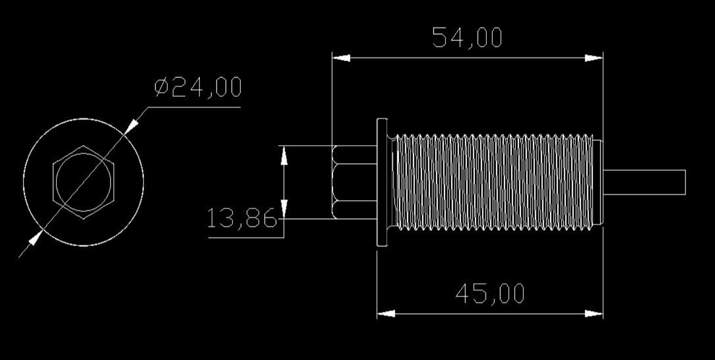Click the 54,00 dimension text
[x=467, y=38]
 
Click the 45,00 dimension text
[x=490, y=294]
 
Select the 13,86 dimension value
[x=242, y=218]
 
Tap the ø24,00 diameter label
[x=198, y=88]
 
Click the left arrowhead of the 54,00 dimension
[x=341, y=58]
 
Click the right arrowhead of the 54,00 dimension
[x=594, y=58]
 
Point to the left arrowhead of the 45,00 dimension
[x=386, y=314]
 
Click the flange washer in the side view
[x=382, y=182]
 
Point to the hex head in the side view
[x=355, y=182]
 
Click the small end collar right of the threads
[x=599, y=182]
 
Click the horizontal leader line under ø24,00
[x=195, y=107]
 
